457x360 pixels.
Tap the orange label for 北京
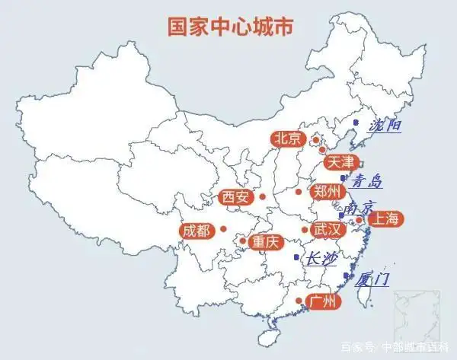(287, 139)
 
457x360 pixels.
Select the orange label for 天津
(340, 162)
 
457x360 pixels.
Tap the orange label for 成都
(196, 230)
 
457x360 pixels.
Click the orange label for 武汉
(329, 228)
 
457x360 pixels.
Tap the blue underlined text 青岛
(365, 182)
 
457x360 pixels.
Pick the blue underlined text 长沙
(320, 260)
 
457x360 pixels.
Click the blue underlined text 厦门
(372, 279)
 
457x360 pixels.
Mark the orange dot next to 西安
(262, 196)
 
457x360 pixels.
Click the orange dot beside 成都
(223, 228)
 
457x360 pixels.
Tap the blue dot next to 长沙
(297, 257)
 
